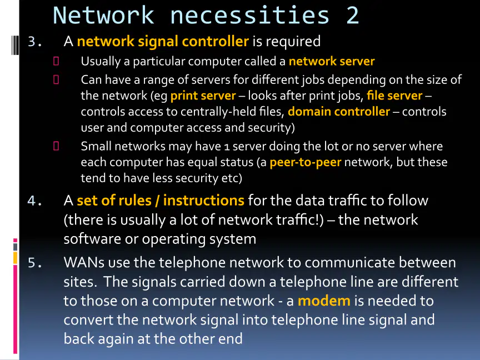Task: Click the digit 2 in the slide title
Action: [x=352, y=16]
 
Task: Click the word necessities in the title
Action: [x=249, y=16]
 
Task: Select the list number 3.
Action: [x=35, y=42]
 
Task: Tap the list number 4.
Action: [x=35, y=201]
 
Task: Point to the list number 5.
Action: [x=35, y=263]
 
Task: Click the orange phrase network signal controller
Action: [x=163, y=41]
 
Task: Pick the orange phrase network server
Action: [x=332, y=61]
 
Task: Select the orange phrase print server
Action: [x=203, y=96]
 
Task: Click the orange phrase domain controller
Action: [x=339, y=112]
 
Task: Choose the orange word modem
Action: [x=324, y=301]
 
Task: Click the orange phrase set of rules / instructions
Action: [x=161, y=201]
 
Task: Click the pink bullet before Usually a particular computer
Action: [x=56, y=61]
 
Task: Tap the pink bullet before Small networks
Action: [x=56, y=146]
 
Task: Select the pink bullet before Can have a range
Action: [x=56, y=79]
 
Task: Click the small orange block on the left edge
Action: [x=15, y=258]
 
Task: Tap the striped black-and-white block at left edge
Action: [x=15, y=46]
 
